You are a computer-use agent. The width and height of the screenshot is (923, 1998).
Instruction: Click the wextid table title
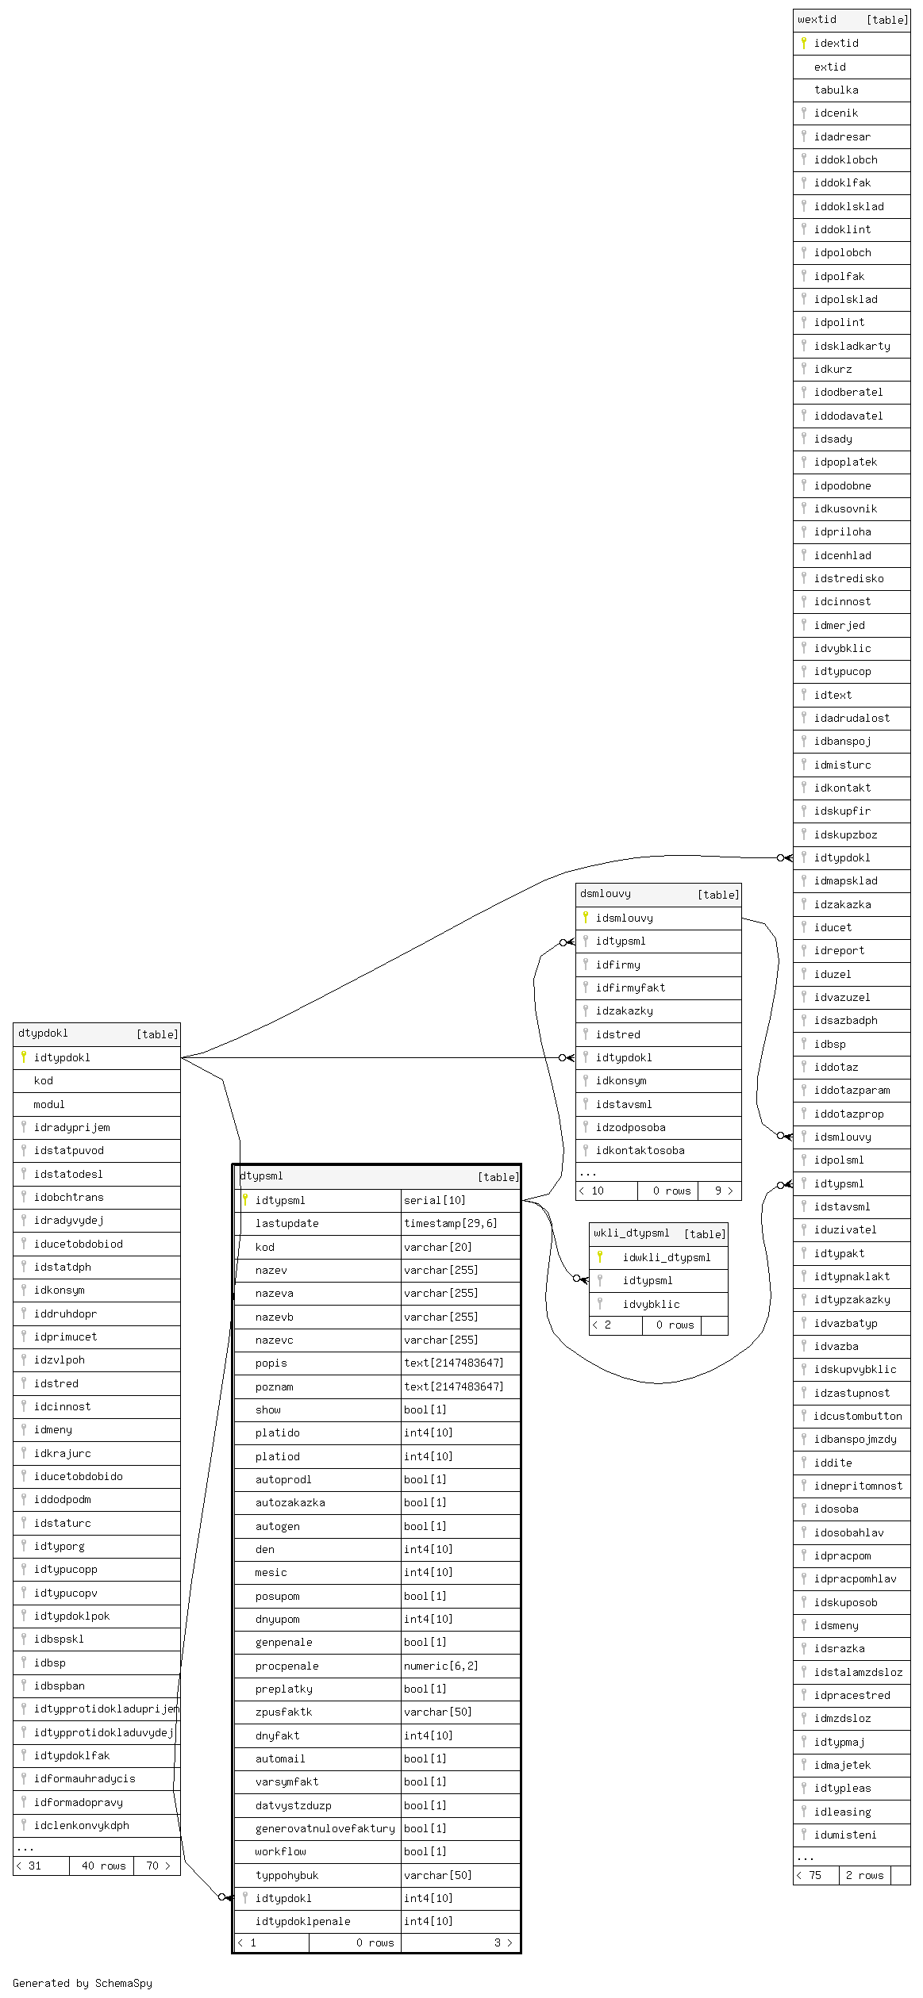click(817, 20)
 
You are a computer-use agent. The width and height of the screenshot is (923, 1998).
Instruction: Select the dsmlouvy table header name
click(606, 894)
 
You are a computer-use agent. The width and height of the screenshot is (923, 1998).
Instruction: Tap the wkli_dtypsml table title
click(632, 1233)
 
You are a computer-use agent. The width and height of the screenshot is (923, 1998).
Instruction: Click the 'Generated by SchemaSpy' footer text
click(83, 1983)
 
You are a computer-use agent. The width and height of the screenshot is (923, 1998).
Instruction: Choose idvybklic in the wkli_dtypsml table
click(651, 1305)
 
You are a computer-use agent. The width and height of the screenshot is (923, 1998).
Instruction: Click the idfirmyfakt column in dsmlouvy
click(630, 988)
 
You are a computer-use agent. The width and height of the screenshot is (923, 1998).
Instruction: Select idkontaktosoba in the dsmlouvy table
click(640, 1151)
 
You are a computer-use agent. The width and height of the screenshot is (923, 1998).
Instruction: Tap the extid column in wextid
click(829, 67)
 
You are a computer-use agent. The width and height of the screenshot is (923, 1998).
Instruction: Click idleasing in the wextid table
click(842, 1812)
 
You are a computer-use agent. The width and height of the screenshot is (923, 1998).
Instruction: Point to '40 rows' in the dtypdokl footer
click(103, 1866)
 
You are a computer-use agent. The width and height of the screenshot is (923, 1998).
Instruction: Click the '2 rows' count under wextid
click(864, 1876)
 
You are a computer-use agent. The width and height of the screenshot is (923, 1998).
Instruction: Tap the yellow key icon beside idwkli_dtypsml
click(600, 1256)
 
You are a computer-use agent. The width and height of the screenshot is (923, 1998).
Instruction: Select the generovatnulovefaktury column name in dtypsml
click(325, 1829)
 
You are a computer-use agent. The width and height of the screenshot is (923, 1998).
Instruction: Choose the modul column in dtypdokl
click(49, 1105)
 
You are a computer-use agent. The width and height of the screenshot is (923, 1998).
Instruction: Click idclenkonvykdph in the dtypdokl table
click(81, 1826)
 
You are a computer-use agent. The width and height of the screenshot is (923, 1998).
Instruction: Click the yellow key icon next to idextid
click(804, 43)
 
